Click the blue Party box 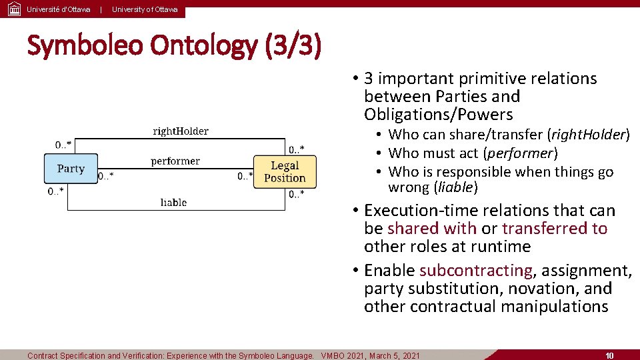pos(71,169)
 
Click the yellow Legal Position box pos(285,171)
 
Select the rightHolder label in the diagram pos(180,131)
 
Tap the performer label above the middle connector pos(175,161)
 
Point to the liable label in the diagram pos(173,202)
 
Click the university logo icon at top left pos(13,9)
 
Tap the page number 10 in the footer pos(609,355)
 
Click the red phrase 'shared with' pos(431,228)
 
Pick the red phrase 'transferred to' pos(555,228)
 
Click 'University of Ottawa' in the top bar pos(145,9)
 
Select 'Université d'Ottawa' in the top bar pos(59,9)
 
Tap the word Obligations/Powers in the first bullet pos(438,114)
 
